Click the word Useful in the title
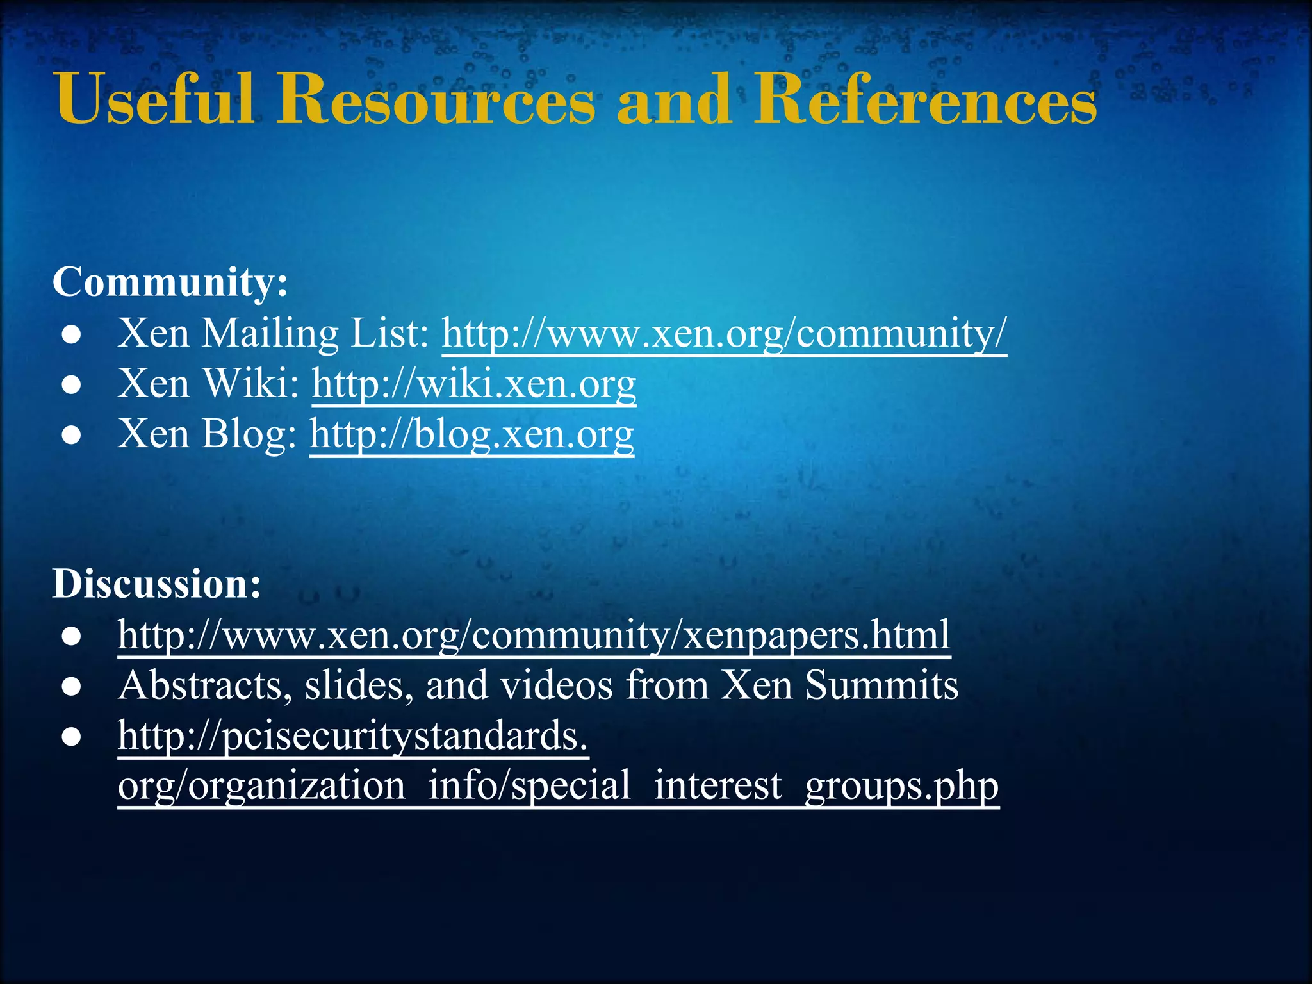[x=154, y=100]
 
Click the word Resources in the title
[x=436, y=100]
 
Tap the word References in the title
[x=925, y=100]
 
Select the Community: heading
[x=170, y=282]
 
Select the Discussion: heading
[x=157, y=584]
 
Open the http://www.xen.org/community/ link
[x=724, y=334]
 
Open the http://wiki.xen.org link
[x=474, y=384]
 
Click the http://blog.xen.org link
[x=471, y=434]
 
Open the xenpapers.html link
[x=534, y=635]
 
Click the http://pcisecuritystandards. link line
[x=353, y=736]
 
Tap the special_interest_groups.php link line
[x=558, y=786]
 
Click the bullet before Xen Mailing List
[x=71, y=335]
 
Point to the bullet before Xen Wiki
[x=71, y=385]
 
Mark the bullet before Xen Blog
[x=71, y=436]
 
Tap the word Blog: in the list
[x=249, y=434]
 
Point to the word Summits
[x=881, y=685]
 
